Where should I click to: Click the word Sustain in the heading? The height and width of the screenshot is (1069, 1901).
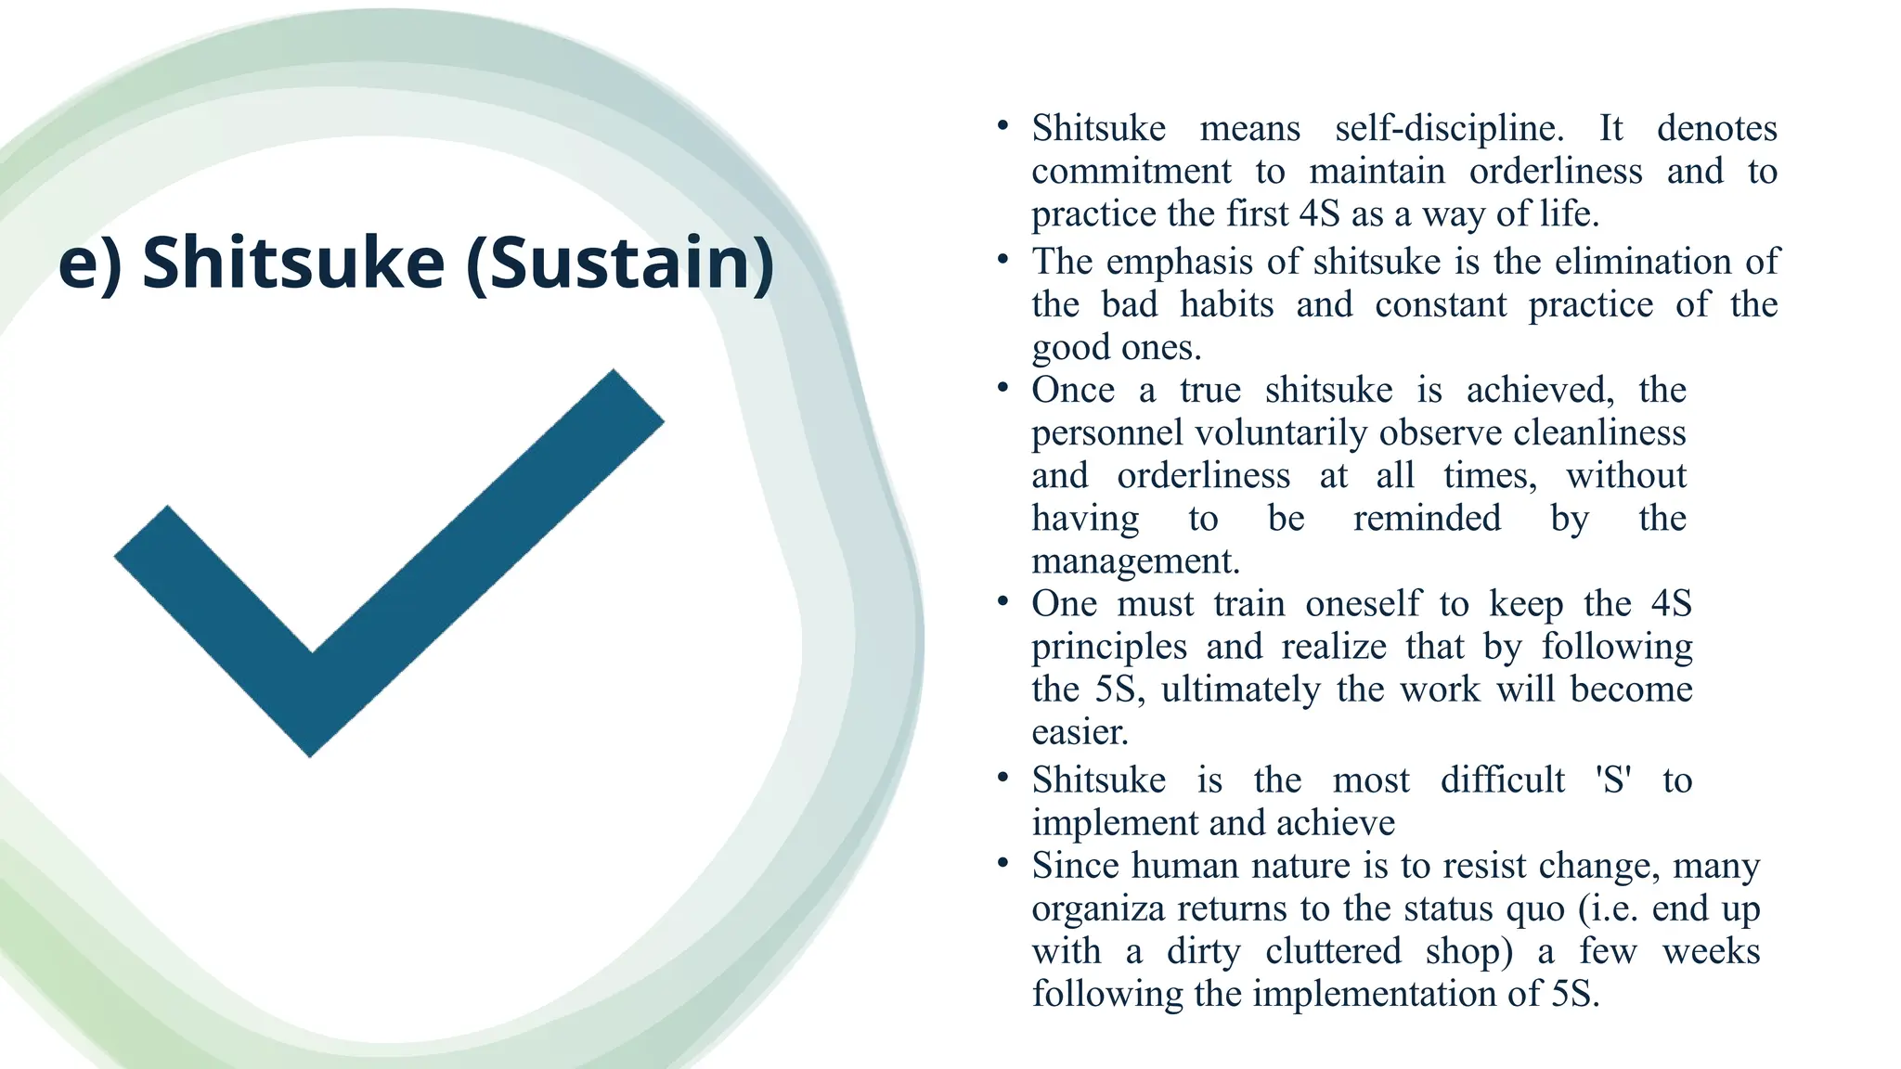coord(620,263)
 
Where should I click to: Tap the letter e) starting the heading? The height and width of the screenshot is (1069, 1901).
coord(90,263)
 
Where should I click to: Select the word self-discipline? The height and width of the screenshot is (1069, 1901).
coord(1449,128)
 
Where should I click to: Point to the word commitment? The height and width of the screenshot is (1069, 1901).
coord(1132,172)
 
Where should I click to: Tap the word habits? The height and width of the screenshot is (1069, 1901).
coord(1226,304)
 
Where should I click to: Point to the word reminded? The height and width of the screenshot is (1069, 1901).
coord(1427,518)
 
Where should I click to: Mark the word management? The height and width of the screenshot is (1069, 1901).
coord(1135,561)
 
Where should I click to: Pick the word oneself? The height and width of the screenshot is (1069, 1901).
coord(1362,604)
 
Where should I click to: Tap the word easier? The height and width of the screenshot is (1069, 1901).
coord(1080,732)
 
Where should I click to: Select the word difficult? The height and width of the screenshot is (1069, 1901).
coord(1503,779)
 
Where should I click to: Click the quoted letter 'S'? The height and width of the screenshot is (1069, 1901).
coord(1614,779)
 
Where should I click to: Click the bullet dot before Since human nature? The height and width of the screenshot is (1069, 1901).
coord(1002,864)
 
